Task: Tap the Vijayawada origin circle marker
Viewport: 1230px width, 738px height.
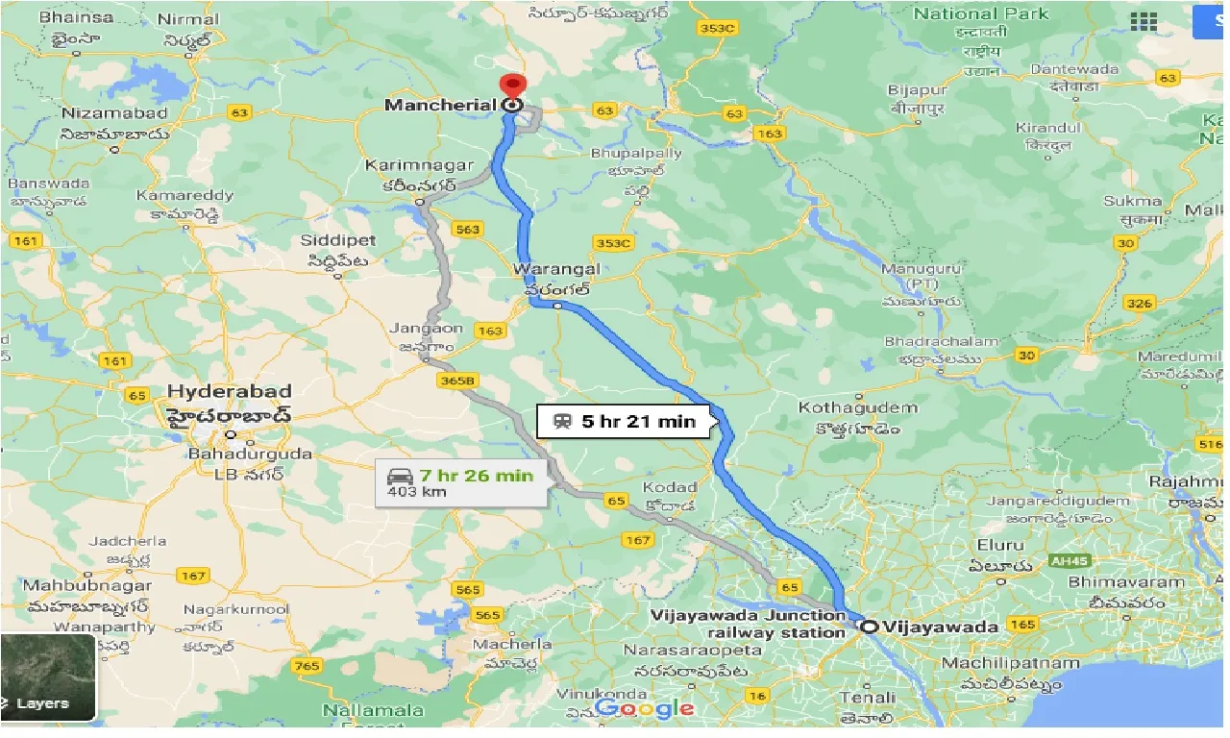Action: pos(869,627)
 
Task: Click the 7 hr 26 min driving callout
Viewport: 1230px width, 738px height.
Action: pos(462,482)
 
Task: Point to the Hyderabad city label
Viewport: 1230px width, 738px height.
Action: pos(229,392)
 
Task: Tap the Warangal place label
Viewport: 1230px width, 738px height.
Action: pos(556,269)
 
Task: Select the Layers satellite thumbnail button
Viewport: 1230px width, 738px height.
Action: pos(48,677)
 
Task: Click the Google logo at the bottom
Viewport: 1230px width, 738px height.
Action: pos(645,709)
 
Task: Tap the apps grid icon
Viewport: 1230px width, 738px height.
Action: pos(1144,21)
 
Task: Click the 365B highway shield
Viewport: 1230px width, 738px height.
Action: pos(457,381)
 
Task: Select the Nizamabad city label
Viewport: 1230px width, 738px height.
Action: pos(114,113)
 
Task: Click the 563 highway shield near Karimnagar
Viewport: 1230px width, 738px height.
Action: pos(468,229)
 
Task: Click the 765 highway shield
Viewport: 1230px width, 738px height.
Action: pos(307,665)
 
